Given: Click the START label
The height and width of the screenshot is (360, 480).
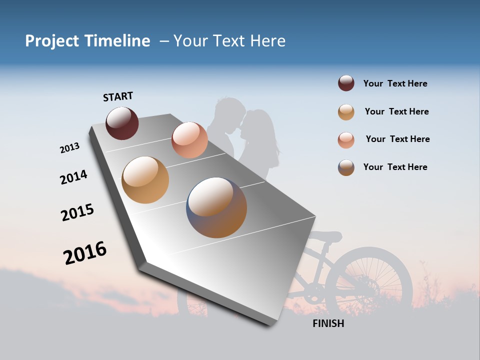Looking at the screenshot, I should (x=118, y=96).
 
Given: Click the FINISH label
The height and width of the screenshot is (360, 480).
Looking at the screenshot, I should (x=328, y=323).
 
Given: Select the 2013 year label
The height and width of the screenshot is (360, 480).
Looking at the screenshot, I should (x=69, y=148).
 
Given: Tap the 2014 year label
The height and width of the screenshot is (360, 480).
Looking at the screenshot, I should (x=73, y=177).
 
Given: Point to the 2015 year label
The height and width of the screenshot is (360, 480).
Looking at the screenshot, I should (x=77, y=212).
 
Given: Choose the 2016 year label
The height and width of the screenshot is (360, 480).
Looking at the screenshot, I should (x=85, y=252).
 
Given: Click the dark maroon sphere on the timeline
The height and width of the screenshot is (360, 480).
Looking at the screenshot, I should (x=122, y=123).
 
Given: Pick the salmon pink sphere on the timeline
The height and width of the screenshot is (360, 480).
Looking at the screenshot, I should (x=189, y=139).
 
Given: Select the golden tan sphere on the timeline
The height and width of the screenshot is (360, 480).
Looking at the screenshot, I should (x=145, y=180).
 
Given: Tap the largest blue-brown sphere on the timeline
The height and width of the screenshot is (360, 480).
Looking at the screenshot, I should (x=216, y=207).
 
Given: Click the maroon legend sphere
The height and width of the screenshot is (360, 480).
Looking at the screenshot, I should (x=346, y=83).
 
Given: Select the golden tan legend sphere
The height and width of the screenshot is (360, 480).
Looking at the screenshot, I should (x=346, y=112).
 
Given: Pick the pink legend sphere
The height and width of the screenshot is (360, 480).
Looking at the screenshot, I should (x=346, y=139).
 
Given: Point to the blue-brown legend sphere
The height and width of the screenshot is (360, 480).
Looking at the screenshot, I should (x=346, y=167).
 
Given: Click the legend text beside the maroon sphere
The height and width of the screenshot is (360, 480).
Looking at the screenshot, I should (x=395, y=83).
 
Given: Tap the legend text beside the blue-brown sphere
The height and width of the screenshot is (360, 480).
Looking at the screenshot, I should (x=395, y=167).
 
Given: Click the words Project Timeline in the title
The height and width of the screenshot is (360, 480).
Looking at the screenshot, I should (x=87, y=41).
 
